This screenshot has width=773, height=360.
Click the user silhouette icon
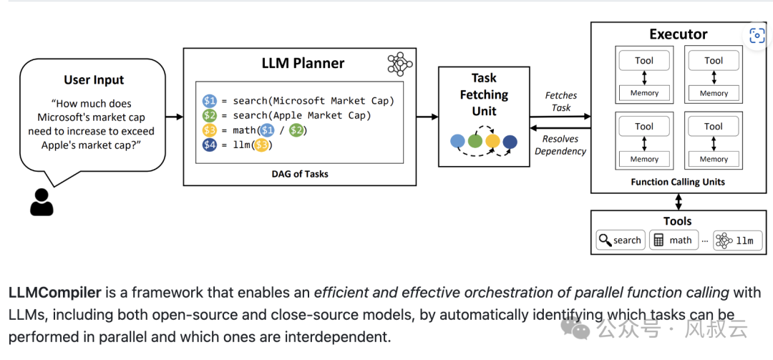point(42,203)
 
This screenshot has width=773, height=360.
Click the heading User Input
point(94,80)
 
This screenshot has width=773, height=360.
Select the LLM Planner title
point(303,63)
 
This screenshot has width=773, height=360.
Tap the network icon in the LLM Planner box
point(400,64)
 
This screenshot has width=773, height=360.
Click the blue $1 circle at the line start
point(210,101)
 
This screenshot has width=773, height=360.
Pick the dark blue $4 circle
point(210,145)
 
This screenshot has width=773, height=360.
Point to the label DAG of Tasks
point(300,174)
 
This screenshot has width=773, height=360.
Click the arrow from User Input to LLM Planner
point(174,117)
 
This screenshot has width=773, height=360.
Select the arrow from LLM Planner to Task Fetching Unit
point(427,117)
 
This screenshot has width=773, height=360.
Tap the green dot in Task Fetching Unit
point(475,142)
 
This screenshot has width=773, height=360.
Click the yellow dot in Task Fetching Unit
point(492,142)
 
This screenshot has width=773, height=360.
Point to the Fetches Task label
point(561,101)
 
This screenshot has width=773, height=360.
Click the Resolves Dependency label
point(560,145)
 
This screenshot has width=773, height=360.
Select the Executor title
point(679,34)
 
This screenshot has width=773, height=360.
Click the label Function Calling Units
point(678,182)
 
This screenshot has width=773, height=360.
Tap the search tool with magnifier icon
point(621,240)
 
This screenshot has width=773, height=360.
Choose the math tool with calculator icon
point(674,240)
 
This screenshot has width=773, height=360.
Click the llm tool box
point(734,240)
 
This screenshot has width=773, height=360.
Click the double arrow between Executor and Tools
point(679,201)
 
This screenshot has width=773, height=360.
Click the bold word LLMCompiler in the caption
point(54,293)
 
